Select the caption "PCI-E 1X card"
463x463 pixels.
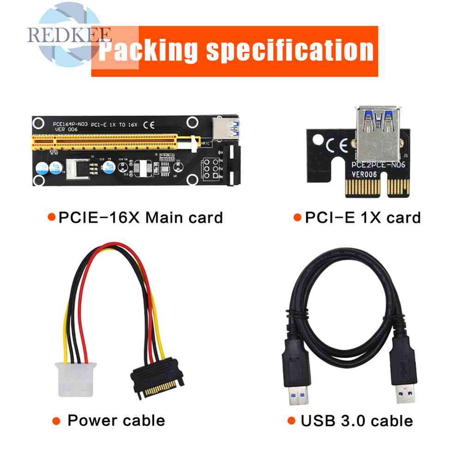point(362,217)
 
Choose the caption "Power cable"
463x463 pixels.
point(116,420)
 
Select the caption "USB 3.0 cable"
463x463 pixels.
point(356,420)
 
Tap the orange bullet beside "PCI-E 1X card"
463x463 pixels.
point(296,217)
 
